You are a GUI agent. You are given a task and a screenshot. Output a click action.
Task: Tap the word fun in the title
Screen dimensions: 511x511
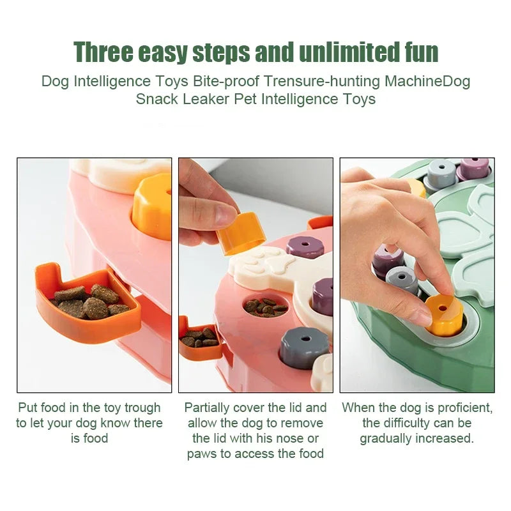click(x=420, y=52)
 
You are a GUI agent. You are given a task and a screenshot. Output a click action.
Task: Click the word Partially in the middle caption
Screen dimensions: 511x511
click(x=209, y=408)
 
